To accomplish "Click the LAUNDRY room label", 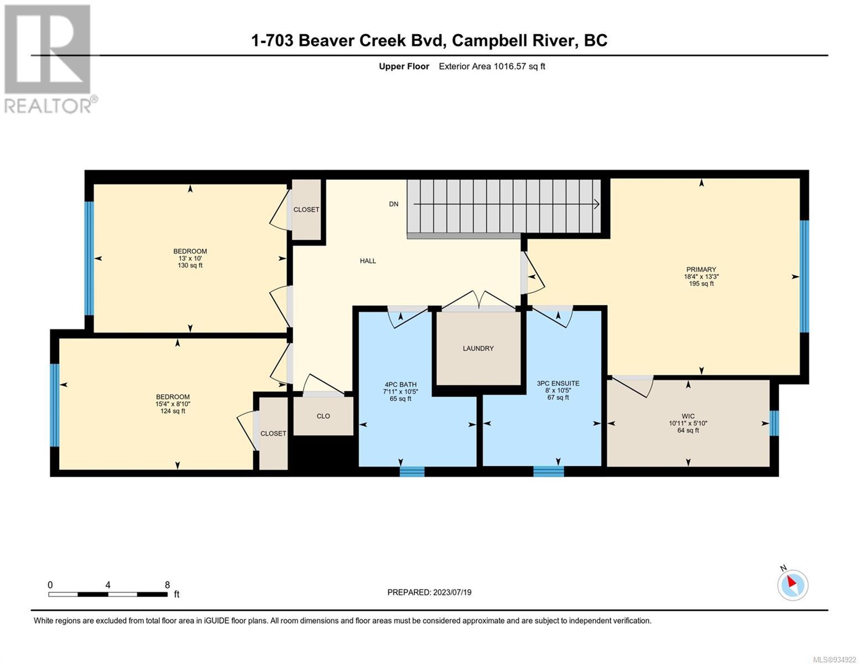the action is tap(478, 349).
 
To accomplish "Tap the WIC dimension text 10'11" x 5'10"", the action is tap(688, 423).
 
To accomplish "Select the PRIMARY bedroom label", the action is tap(701, 269).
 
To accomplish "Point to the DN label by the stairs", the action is tap(394, 204).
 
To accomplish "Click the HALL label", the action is tap(368, 261).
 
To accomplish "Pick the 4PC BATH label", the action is tap(400, 385).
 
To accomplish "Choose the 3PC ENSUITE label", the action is tap(558, 383).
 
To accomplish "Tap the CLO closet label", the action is tap(323, 416).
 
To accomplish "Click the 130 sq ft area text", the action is tap(190, 266).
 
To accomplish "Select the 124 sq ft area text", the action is tap(173, 411).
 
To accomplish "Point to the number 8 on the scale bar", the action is tap(167, 584).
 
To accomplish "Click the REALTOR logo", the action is tap(49, 59).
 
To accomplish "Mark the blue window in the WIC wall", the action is tap(774, 423).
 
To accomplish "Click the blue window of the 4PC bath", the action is tap(412, 471).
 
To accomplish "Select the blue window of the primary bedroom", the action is tap(804, 276).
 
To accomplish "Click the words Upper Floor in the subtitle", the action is tap(404, 66).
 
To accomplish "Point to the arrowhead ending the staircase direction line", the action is tap(597, 204).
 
